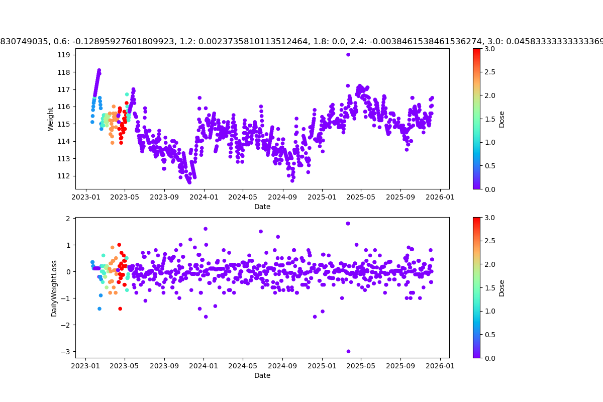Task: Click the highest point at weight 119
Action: coord(348,54)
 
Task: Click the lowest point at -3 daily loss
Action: coord(348,351)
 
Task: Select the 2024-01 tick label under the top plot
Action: coord(204,197)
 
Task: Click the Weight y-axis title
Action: coord(50,119)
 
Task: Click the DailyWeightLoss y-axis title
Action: coord(54,288)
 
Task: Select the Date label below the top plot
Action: coord(262,207)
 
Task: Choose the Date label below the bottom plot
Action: coord(262,375)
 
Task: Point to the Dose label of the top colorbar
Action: coord(501,119)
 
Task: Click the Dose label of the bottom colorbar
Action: coord(501,288)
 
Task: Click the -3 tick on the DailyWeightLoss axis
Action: coord(67,351)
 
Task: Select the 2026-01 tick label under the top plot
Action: coord(440,197)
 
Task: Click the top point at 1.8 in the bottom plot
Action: coord(348,224)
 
